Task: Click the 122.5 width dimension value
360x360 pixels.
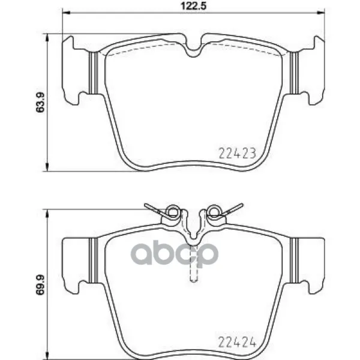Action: pyautogui.click(x=194, y=6)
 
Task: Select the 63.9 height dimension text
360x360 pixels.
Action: pyautogui.click(x=40, y=103)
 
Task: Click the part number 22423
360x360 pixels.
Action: pyautogui.click(x=237, y=153)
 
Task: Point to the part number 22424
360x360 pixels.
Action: pyautogui.click(x=237, y=343)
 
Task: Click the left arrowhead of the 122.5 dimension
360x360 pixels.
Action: pyautogui.click(x=66, y=13)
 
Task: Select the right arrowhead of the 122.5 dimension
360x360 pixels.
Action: pyautogui.click(x=321, y=13)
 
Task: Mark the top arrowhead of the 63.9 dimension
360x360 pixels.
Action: pyautogui.click(x=47, y=37)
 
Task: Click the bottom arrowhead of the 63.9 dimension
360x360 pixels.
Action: pyautogui.click(x=47, y=167)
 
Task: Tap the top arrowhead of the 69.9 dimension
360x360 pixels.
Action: pyautogui.click(x=47, y=213)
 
